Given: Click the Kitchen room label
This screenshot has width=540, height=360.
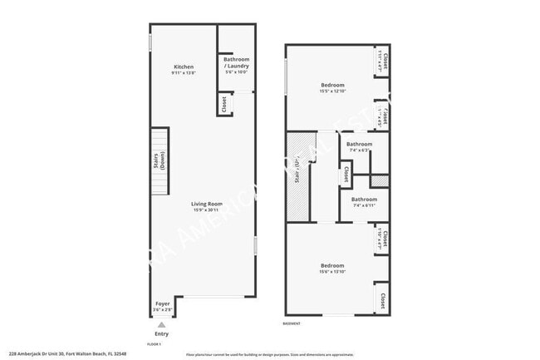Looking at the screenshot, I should [184, 67].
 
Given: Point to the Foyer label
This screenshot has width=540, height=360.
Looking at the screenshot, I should [163, 304].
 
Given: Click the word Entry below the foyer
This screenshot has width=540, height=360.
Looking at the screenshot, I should [161, 334].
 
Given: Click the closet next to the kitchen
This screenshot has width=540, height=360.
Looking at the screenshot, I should [223, 104].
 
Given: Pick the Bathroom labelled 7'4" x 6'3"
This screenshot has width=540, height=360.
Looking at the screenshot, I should [360, 144].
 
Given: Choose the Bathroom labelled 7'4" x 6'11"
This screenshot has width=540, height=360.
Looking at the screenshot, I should [364, 200].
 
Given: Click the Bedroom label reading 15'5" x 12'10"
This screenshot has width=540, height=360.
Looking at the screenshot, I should [332, 84].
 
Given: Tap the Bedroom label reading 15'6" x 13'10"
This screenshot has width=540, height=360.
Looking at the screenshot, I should [332, 266].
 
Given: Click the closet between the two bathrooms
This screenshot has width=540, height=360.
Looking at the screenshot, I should [346, 175].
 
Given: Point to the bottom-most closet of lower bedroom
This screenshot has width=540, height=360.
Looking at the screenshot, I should [383, 298].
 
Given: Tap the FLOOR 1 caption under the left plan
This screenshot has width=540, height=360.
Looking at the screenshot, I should [154, 343].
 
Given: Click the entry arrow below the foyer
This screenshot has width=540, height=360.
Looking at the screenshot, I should [161, 324].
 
